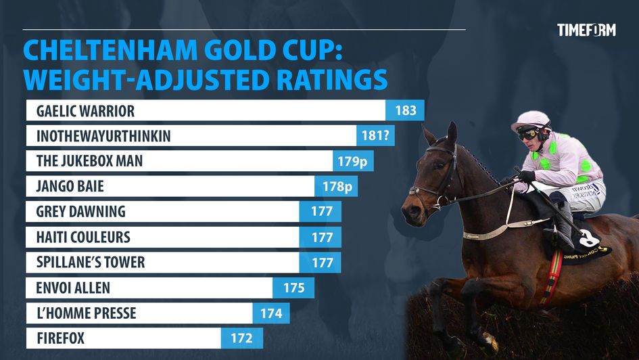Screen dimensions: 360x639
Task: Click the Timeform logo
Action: point(586,30)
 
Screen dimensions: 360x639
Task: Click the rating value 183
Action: point(405,110)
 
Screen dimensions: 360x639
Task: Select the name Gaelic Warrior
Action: point(86,110)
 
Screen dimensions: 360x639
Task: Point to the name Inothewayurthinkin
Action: point(103,136)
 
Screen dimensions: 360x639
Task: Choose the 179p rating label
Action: point(354,161)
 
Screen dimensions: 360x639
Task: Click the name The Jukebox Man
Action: point(89,161)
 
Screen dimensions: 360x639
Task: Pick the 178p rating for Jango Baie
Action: point(335,186)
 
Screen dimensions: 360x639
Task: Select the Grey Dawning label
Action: point(81,211)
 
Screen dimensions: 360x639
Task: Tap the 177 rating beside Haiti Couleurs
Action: point(322,237)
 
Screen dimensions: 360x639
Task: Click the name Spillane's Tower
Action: point(91,262)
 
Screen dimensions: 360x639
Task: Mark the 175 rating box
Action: point(293,288)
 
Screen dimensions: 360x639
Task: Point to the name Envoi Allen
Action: point(73,288)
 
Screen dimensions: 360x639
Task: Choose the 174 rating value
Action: point(271,313)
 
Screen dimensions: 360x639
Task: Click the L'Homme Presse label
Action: point(86,313)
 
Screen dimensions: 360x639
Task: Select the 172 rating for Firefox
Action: point(241,338)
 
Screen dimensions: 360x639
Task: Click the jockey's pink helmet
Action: point(530,120)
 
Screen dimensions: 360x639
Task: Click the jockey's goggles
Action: point(527,134)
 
